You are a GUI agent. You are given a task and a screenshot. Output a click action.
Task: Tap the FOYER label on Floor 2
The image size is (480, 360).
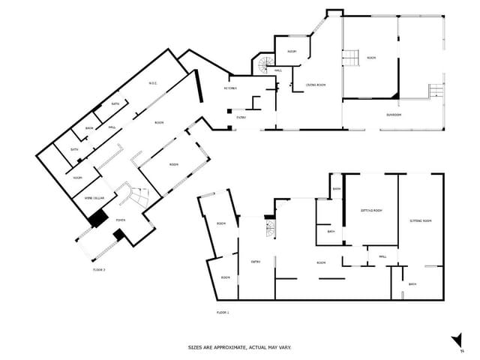click(121, 219)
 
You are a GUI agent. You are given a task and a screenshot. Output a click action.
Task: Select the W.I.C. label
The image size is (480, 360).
click(152, 83)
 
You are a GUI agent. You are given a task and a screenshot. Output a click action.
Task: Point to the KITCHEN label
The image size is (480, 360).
click(231, 88)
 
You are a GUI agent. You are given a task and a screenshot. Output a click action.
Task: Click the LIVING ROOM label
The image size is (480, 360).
click(316, 85)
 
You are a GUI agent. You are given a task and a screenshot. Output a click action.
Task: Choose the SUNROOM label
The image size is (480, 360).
click(394, 115)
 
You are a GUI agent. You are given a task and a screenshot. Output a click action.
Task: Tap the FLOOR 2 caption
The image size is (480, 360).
click(99, 268)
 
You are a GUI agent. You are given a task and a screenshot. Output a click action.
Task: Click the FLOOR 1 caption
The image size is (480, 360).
click(222, 311)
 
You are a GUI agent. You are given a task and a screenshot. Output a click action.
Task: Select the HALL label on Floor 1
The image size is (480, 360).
click(382, 256)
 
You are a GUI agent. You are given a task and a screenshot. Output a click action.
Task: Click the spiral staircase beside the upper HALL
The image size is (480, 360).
click(263, 66)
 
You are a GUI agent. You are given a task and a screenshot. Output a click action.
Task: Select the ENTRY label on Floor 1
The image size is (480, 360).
click(256, 261)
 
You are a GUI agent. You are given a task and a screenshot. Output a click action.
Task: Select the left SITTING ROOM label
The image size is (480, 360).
click(371, 211)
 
